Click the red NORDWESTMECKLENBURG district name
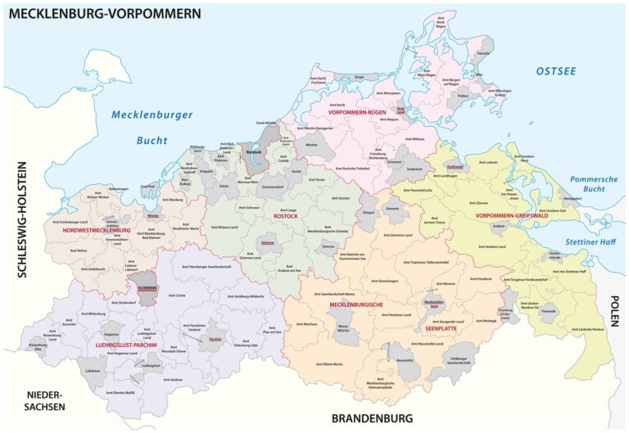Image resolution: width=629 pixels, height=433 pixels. (x=92, y=231)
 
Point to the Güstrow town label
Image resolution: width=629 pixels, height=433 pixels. (x=267, y=243)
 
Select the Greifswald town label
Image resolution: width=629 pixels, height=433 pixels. (x=455, y=166)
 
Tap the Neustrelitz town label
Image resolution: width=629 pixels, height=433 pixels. (x=404, y=359)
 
